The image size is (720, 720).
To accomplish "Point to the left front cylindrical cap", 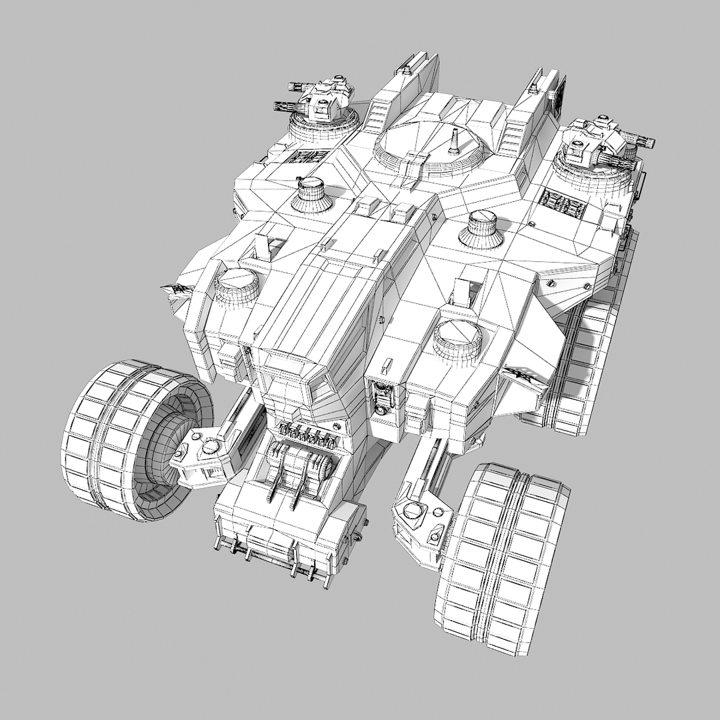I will [x=236, y=287].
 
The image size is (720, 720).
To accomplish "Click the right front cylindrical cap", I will [x=457, y=338].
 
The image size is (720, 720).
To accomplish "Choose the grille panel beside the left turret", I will [x=307, y=157].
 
